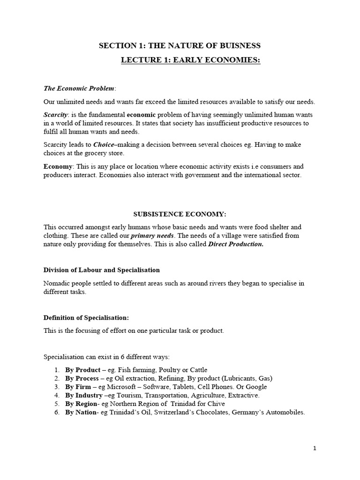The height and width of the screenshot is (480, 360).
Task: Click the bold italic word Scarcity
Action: (56, 115)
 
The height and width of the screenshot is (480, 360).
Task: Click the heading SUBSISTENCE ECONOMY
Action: (180, 214)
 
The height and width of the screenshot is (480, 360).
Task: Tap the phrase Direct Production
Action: (236, 244)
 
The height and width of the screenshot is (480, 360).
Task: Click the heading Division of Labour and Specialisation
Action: (102, 270)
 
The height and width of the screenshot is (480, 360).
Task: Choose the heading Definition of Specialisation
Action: (86, 318)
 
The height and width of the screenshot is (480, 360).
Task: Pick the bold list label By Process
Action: (82, 378)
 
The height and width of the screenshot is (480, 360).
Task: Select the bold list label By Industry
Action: (83, 395)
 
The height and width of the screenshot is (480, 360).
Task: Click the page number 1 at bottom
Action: (315, 448)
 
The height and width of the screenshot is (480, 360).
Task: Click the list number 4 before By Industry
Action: (56, 395)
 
